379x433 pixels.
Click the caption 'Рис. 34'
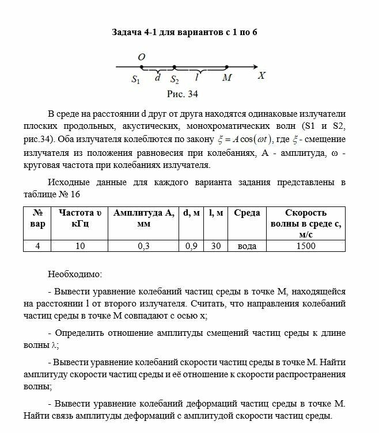point(183,93)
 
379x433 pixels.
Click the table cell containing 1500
point(306,246)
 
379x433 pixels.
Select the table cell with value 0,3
point(144,246)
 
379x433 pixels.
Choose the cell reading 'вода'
point(247,246)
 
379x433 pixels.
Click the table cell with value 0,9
point(191,246)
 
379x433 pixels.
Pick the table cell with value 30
point(217,246)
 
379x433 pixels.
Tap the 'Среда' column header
point(247,213)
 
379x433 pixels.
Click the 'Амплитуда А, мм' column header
point(144,218)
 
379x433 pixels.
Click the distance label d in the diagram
point(157,77)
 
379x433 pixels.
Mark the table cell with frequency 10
point(80,246)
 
